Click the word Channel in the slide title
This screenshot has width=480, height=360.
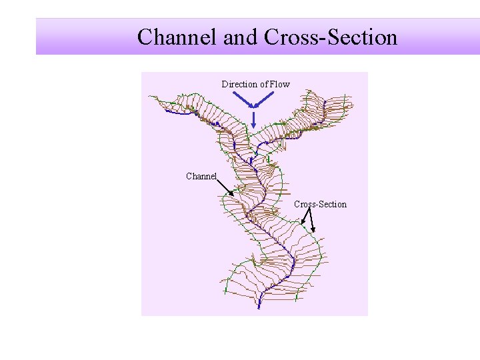[177, 37]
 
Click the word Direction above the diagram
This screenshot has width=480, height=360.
[239, 84]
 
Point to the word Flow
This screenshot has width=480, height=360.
[280, 84]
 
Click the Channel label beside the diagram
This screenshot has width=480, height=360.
[201, 177]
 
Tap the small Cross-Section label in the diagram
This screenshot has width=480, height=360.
[320, 204]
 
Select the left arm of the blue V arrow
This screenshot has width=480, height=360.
[243, 99]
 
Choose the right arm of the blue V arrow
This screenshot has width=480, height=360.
[265, 99]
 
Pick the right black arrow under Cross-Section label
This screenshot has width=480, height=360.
[311, 220]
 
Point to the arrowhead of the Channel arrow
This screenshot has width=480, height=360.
[231, 193]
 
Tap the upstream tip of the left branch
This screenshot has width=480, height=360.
[166, 111]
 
